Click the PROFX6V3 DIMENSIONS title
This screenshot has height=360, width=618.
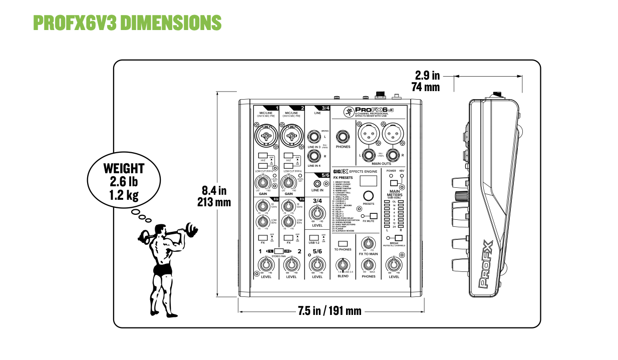pos(127,23)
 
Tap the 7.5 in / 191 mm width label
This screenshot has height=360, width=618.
pos(329,311)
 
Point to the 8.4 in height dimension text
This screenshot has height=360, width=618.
pos(214,190)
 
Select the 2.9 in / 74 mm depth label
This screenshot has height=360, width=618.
pos(427,81)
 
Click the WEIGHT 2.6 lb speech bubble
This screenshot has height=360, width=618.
pos(124,181)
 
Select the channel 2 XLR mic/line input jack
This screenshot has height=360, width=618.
pos(290,135)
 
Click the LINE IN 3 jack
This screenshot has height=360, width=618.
pos(314,136)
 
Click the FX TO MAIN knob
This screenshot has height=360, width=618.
pos(369,243)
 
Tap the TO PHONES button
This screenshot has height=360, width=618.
pos(343,243)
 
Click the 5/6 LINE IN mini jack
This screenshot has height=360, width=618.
pos(317,184)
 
